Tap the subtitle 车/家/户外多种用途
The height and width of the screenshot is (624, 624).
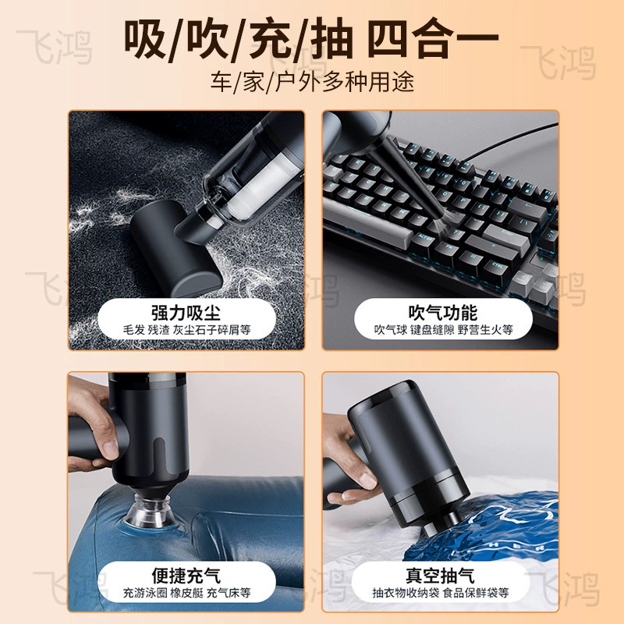click(313, 82)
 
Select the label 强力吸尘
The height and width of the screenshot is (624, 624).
click(186, 313)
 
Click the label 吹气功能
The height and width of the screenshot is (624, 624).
click(442, 313)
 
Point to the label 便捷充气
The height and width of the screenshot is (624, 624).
click(186, 575)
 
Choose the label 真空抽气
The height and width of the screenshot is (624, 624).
click(440, 575)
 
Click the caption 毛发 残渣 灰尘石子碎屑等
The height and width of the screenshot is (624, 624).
click(186, 330)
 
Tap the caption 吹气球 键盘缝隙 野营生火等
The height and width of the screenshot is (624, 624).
click(443, 330)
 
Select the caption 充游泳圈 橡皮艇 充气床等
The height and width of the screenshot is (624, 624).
click(186, 593)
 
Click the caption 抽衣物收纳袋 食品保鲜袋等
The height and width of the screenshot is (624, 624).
click(441, 593)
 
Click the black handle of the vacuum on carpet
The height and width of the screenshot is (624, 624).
click(175, 246)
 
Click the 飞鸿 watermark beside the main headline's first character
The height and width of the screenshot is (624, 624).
click(55, 47)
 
